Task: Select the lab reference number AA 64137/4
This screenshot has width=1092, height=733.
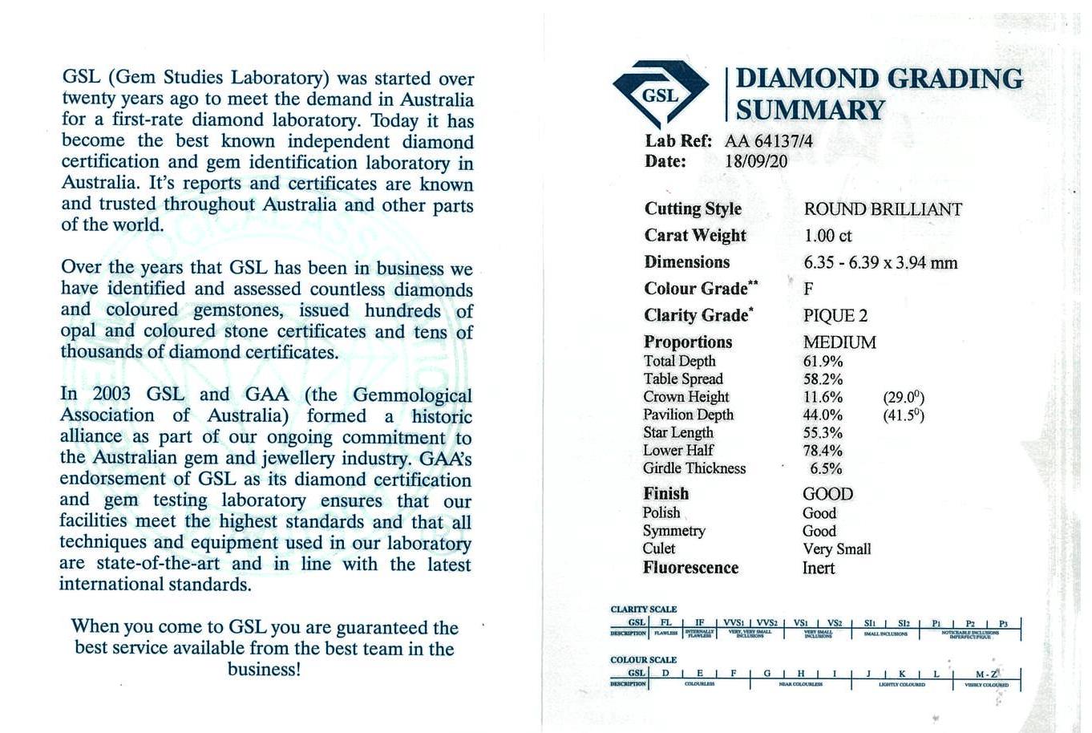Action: coord(768,141)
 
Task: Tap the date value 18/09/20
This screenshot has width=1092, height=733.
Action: coord(755,161)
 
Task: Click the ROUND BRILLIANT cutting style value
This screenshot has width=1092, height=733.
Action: coord(883,209)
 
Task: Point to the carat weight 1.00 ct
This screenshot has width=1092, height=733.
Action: coord(827,236)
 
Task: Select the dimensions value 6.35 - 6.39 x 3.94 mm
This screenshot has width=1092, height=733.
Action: coord(880,263)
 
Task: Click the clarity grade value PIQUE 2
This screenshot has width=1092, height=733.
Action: coord(835,316)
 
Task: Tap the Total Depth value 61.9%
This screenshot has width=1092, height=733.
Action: coord(823,362)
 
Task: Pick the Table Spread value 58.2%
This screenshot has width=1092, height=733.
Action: coord(823,379)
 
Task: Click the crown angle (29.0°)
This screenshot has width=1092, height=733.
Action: coord(904,398)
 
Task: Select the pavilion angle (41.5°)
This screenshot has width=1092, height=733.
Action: coord(904,415)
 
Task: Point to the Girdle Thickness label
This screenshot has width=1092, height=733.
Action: coord(694,468)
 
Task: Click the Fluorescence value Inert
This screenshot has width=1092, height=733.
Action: coord(819,568)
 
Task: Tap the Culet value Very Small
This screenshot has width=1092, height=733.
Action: coord(836,549)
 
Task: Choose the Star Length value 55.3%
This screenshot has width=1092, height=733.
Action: coord(823,433)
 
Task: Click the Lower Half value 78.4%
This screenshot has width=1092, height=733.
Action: coord(823,451)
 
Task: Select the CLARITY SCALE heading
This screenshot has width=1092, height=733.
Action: coord(643,609)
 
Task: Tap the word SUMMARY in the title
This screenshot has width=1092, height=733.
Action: coord(811,111)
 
